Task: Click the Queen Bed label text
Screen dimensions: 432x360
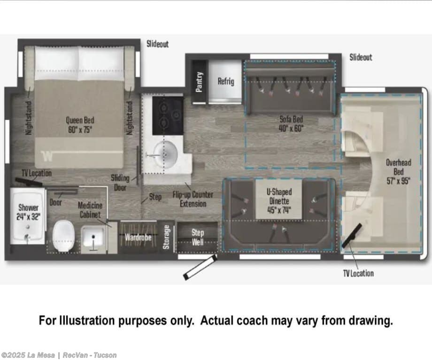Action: tap(80, 125)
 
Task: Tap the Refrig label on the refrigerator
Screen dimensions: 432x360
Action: tap(226, 81)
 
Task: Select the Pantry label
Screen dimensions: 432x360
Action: tap(199, 82)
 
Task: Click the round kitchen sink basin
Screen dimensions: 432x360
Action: tap(165, 154)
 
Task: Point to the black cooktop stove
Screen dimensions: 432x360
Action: tap(168, 115)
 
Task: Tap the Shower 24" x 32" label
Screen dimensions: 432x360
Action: tap(28, 212)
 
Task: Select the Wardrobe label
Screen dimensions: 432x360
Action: tap(138, 237)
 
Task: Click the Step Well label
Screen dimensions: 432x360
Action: tap(198, 237)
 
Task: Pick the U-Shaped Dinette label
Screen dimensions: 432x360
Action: tap(279, 201)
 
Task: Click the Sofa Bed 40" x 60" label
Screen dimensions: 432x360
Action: tap(291, 123)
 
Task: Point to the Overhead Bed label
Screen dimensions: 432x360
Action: tap(398, 172)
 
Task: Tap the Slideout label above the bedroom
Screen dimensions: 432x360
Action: tap(157, 44)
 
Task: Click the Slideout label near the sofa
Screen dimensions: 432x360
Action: tap(361, 57)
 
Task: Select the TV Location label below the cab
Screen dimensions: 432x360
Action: tap(358, 273)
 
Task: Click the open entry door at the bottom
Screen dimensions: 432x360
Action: tap(201, 267)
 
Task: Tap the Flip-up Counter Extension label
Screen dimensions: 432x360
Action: tap(193, 199)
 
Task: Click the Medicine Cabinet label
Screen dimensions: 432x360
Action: tap(90, 210)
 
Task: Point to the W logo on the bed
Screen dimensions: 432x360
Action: tap(47, 156)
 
